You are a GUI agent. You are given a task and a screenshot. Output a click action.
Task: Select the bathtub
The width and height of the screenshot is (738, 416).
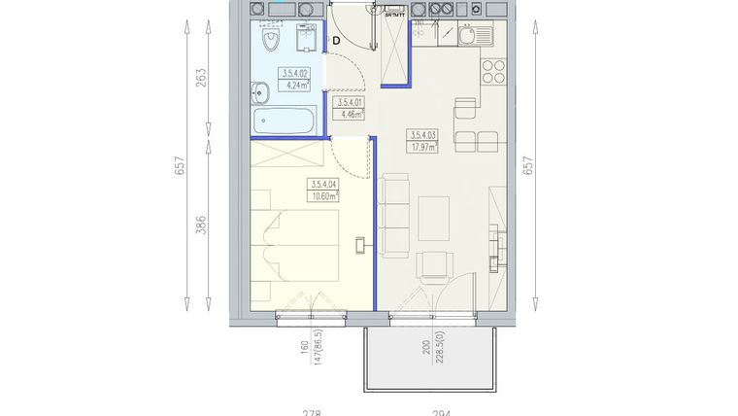pyautogui.click(x=283, y=122)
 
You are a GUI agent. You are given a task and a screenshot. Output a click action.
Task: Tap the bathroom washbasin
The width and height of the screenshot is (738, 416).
pyautogui.click(x=260, y=93)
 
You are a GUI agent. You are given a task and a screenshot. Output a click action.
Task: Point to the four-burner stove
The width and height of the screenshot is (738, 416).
pyautogui.click(x=492, y=72)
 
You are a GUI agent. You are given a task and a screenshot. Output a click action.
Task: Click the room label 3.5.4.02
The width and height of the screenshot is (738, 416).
pyautogui.click(x=294, y=73)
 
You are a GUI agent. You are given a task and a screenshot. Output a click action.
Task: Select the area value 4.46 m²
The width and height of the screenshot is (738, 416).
pyautogui.click(x=348, y=114)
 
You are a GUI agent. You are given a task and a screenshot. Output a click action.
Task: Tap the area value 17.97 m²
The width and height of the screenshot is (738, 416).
pyautogui.click(x=423, y=148)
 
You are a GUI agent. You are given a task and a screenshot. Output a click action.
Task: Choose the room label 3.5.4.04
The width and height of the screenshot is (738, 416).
pyautogui.click(x=322, y=184)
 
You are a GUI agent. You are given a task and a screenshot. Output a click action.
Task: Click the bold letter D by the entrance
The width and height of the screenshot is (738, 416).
pyautogui.click(x=336, y=40)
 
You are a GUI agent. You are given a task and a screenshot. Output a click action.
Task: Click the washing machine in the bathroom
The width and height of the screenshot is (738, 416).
pyautogui.click(x=304, y=40)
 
